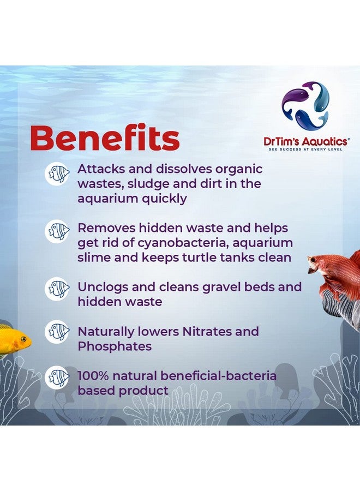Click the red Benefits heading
(105, 139)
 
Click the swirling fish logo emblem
(305, 106)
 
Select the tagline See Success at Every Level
(305, 149)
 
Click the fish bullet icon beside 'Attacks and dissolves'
(57, 173)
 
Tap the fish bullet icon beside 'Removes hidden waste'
(57, 231)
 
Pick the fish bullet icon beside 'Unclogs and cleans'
(57, 288)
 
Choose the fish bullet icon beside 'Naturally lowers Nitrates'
(57, 331)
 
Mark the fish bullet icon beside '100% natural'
(57, 377)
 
